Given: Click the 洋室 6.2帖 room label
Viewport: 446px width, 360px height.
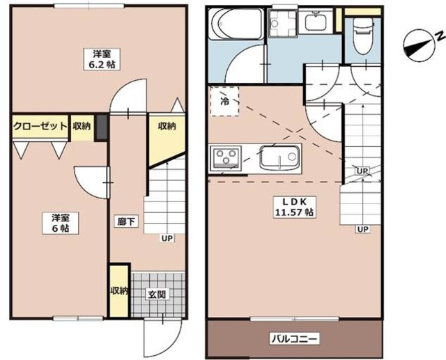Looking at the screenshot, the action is coord(102,59).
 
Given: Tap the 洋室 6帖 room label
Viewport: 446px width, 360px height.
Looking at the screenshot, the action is coord(61,223).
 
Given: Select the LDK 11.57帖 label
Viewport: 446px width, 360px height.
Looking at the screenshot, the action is coord(294,207).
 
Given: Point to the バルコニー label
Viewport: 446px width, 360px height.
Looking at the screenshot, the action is coord(294,339).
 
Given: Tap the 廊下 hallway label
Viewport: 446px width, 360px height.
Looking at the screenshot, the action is coord(127,221).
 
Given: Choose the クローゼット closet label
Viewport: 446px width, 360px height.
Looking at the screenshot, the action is coord(40,126).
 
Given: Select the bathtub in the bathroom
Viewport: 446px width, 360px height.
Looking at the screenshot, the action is coord(236,24).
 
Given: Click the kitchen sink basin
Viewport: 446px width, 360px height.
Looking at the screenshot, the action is coord(280,158).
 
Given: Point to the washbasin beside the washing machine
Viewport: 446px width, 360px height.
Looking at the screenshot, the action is coord(316,22).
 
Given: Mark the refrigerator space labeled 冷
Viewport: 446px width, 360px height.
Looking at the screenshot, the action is coord(224,101).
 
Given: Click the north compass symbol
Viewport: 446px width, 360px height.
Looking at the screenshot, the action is coord(420,45).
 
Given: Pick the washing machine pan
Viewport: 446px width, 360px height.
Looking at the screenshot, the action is coord(282,23).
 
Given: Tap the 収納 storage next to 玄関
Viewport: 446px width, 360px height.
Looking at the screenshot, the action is coord(119,290).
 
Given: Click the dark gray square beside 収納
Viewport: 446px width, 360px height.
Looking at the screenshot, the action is coord(102,127).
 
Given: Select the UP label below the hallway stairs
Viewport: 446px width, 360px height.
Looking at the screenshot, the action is coord(167,238).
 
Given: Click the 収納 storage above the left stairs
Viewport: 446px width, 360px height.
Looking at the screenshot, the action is coord(167,134).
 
